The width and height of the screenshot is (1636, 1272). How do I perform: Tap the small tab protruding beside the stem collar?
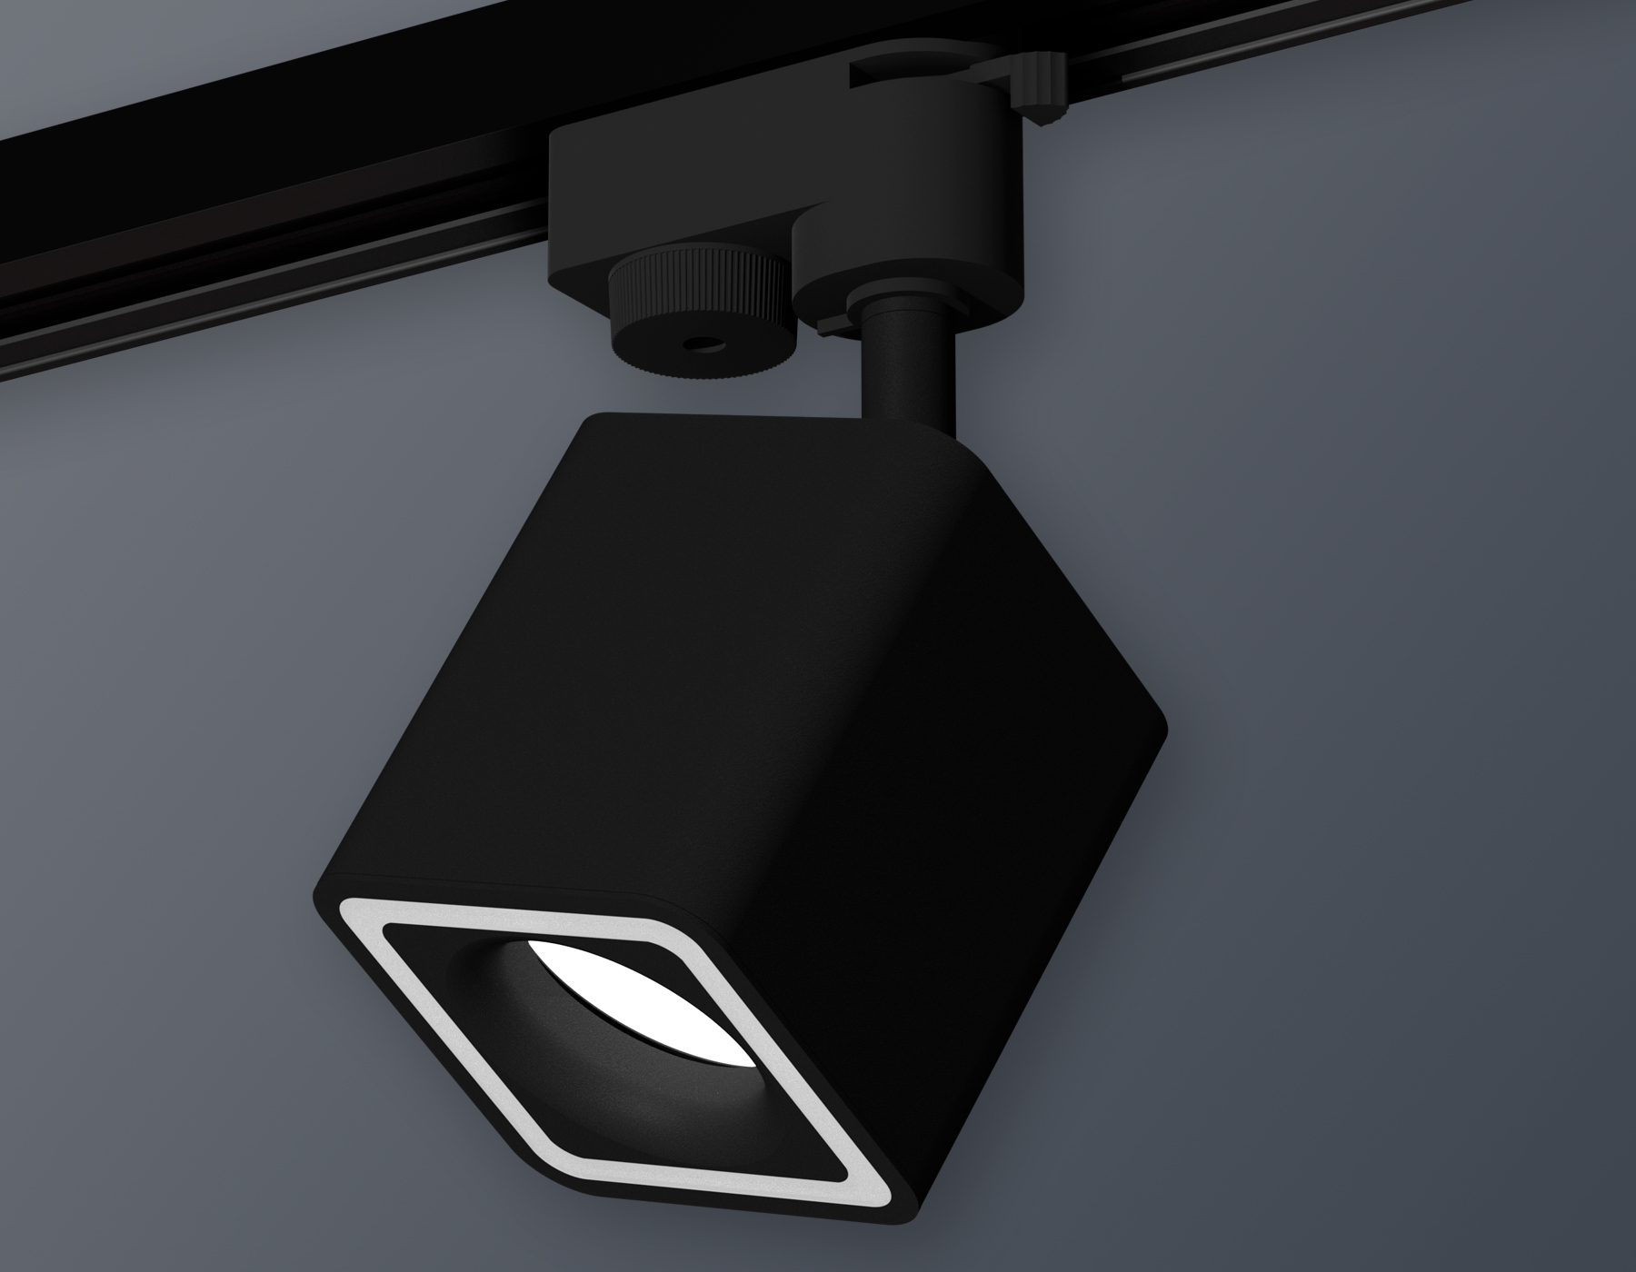[x=829, y=322]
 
